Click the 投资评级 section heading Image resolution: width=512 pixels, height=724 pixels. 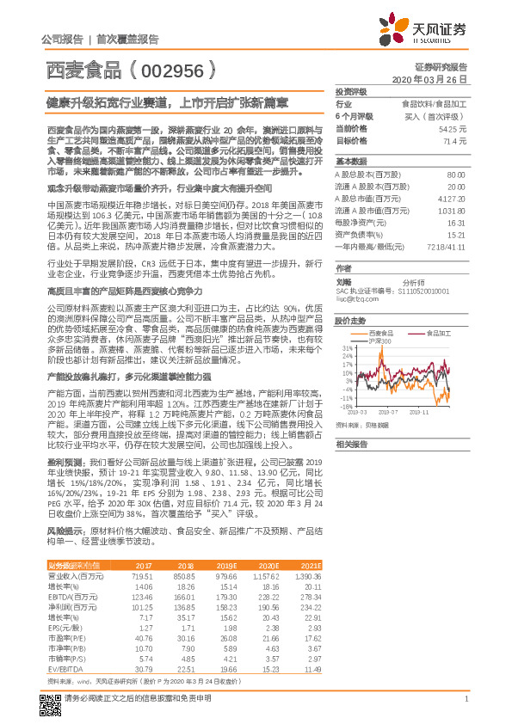point(350,92)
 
